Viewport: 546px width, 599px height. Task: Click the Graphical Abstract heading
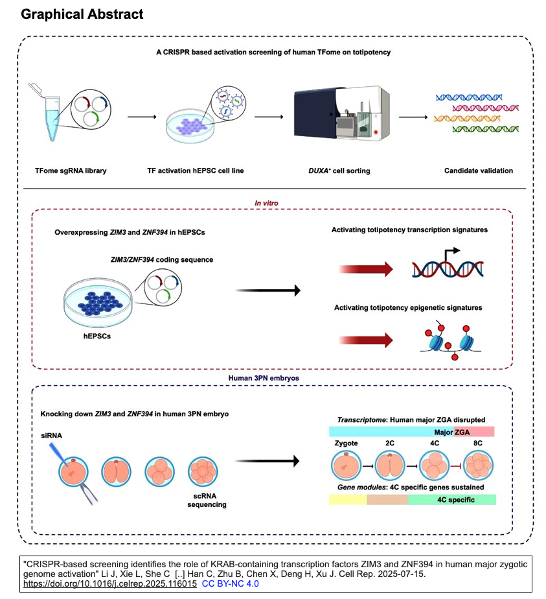click(82, 14)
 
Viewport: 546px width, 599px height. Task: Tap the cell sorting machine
click(341, 115)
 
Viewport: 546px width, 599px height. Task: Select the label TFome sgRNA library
click(62, 170)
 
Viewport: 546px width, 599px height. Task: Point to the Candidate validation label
click(478, 170)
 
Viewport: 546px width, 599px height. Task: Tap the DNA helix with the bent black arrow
click(446, 266)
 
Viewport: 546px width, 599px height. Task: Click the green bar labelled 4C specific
click(452, 500)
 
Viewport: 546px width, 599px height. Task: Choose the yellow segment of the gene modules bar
click(348, 500)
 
